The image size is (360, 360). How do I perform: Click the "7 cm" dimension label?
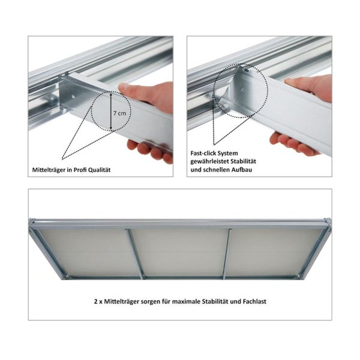(x=119, y=113)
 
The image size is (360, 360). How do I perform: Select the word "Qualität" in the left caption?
(x=100, y=170)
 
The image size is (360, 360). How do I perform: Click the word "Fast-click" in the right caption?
(x=203, y=153)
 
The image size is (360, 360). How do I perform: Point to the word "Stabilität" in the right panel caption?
(x=244, y=161)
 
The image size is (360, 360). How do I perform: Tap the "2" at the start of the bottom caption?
(x=96, y=301)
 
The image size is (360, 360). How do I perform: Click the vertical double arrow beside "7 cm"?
(x=111, y=111)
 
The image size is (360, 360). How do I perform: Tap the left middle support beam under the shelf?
(x=135, y=254)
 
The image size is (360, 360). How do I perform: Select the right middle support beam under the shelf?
(x=227, y=254)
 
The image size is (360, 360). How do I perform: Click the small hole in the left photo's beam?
(x=73, y=97)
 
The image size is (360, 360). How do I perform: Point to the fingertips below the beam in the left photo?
(x=149, y=151)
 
